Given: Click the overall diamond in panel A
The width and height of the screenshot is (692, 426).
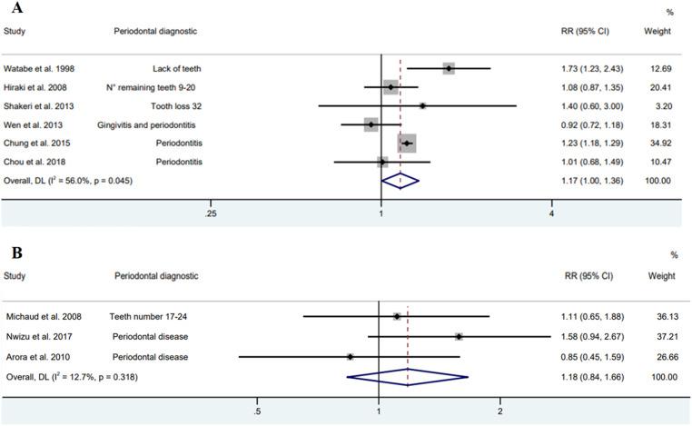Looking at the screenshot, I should tap(400, 181).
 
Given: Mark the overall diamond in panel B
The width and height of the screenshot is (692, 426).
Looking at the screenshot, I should tap(409, 374).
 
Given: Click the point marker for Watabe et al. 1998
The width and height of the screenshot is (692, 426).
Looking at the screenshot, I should tap(449, 68).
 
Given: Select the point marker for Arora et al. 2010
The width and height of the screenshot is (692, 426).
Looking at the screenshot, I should tap(351, 356).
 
